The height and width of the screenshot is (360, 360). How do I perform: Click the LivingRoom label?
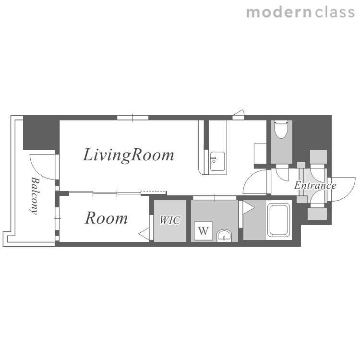pyautogui.click(x=128, y=156)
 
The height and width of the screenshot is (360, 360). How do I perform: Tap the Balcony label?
pyautogui.click(x=35, y=195)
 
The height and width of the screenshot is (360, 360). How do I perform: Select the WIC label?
pyautogui.click(x=170, y=220)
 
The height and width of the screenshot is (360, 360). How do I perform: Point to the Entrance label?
pyautogui.click(x=315, y=185)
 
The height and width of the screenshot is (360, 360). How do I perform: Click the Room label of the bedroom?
pyautogui.click(x=106, y=218)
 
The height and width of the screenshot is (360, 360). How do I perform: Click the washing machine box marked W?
pyautogui.click(x=204, y=231)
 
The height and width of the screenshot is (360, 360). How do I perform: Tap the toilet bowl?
pyautogui.click(x=281, y=130)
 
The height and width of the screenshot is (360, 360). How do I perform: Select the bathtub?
pyautogui.click(x=278, y=220)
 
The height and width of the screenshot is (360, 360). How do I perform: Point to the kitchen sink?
pyautogui.click(x=217, y=161)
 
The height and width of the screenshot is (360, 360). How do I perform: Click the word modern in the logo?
pyautogui.click(x=279, y=12)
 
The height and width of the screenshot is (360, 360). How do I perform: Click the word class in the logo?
pyautogui.click(x=335, y=12)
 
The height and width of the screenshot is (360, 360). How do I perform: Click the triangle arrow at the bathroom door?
pyautogui.click(x=248, y=208)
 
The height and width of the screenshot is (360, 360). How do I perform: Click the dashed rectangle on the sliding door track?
pyautogui.click(x=154, y=192)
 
